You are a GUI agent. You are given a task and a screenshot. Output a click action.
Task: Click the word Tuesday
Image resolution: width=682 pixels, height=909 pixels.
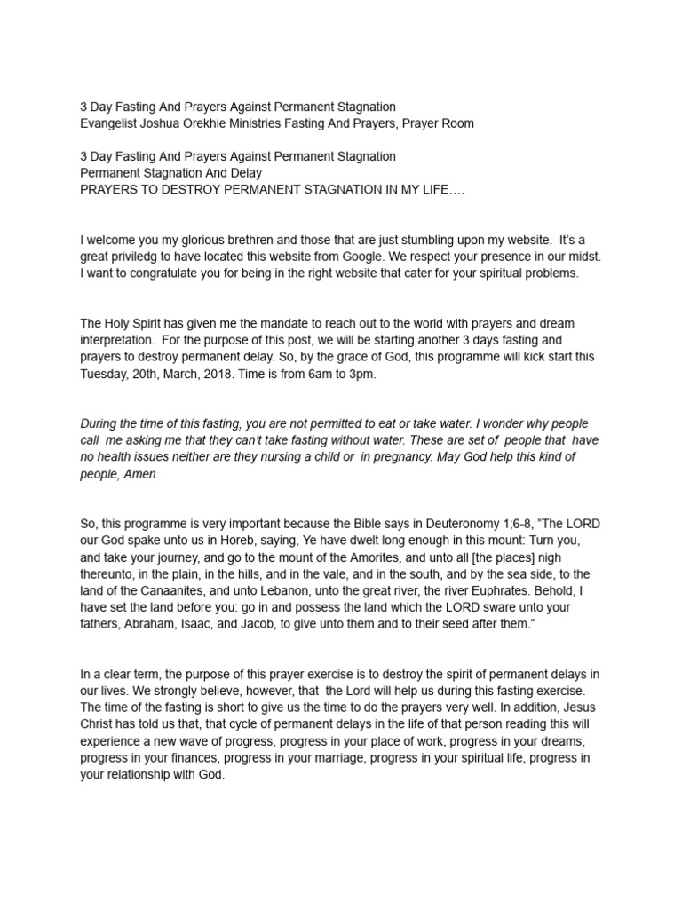point(106,373)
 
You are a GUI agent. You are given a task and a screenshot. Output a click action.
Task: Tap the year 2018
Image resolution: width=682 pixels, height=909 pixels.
point(239,373)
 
